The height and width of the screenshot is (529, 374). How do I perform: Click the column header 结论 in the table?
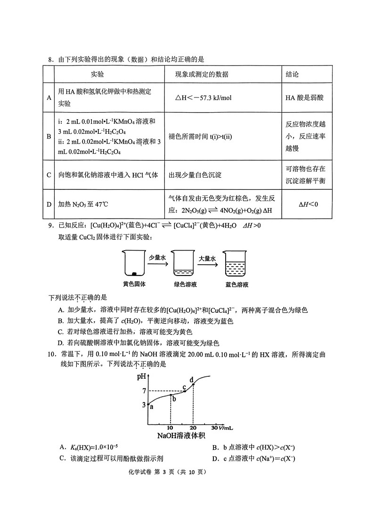pos(292,74)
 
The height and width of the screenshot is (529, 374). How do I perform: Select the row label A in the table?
pos(49,98)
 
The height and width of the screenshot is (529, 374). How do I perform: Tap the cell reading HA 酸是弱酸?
pos(304,98)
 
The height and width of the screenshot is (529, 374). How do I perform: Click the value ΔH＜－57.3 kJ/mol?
pos(203,98)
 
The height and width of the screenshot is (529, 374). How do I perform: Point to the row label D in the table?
pos(49,204)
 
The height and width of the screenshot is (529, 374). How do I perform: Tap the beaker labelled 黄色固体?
pos(134,264)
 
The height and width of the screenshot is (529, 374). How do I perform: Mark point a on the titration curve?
pos(148,404)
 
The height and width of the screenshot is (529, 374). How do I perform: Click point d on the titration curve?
pos(193,384)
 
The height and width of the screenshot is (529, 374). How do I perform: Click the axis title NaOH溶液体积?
pos(181,436)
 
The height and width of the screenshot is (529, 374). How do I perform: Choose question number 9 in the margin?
pos(51,225)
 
